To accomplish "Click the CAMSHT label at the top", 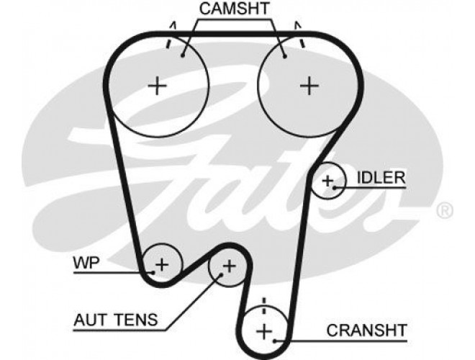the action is tap(234, 9).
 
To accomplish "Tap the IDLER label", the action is tap(381, 178).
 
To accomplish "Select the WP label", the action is tap(86, 263).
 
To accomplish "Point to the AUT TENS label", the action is tap(116, 320).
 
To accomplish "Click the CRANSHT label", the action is tap(366, 330).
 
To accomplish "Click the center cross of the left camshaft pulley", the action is tap(157, 86).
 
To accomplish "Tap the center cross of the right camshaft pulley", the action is tap(309, 86).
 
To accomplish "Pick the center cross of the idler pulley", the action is tap(327, 181).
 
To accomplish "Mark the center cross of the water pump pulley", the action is tap(162, 265).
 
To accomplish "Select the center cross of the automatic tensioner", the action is tap(230, 266).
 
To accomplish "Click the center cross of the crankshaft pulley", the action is tap(264, 331).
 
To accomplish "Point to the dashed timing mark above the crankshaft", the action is tap(264, 306).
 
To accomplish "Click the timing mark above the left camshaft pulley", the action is tap(171, 35).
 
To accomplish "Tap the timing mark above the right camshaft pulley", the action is tap(299, 35).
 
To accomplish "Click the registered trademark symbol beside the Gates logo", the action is tap(444, 210).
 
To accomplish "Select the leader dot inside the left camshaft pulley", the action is tap(183, 55).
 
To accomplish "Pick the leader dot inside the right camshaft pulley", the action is tap(285, 56).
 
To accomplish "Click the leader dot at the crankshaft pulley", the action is tap(275, 341).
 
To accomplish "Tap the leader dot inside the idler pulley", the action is tap(335, 188).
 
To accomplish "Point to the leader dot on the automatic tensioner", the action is tap(221, 275).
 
